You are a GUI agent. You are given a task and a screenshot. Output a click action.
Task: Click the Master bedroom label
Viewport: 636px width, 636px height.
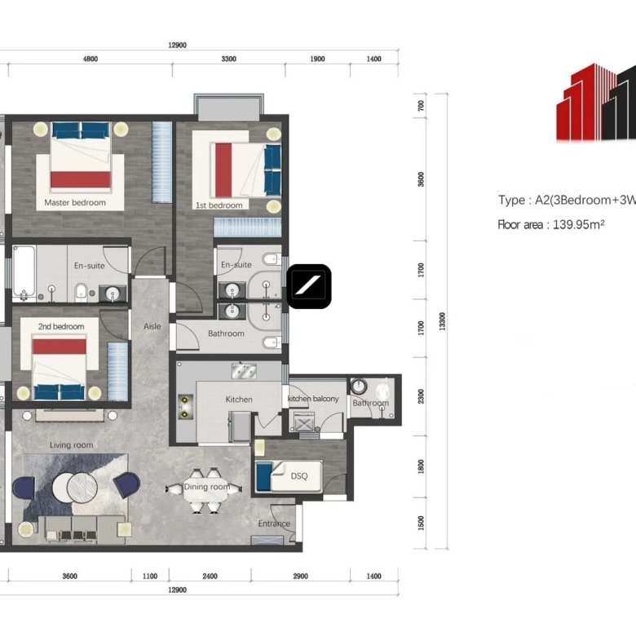tap(75, 202)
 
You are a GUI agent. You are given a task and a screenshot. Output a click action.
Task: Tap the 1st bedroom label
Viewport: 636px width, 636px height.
tap(219, 205)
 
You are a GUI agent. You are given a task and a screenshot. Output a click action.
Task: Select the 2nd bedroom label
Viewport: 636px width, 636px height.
tap(61, 326)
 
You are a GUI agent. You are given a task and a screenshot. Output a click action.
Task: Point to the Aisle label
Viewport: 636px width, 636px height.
tap(152, 326)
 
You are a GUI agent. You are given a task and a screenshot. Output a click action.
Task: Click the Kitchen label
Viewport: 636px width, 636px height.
tap(239, 400)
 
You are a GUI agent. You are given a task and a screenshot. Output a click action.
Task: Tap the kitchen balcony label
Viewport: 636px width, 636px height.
tap(313, 399)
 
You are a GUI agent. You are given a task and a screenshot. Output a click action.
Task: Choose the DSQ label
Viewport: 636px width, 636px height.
tap(299, 476)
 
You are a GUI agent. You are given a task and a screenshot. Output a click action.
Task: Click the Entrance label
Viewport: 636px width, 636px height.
tap(274, 523)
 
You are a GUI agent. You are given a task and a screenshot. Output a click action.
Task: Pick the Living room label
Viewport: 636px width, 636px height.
tap(72, 445)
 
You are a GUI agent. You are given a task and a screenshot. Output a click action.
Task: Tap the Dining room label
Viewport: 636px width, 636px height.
tap(207, 487)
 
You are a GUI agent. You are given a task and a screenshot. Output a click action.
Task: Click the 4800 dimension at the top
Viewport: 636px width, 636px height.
tap(91, 59)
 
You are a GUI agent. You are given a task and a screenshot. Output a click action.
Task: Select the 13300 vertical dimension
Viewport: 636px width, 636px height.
tap(442, 321)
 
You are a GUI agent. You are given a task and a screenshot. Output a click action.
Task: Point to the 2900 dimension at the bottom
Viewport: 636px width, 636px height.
tap(301, 576)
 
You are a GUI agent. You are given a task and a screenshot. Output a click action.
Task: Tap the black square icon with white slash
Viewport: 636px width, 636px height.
tap(309, 286)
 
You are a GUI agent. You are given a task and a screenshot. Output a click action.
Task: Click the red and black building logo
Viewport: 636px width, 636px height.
tap(596, 102)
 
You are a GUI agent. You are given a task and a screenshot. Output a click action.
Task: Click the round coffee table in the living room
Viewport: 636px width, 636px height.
tap(76, 487)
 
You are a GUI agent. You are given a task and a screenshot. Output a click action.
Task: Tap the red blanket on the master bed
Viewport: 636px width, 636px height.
tap(80, 179)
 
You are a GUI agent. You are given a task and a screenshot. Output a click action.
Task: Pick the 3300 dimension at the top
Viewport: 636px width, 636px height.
tap(229, 59)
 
